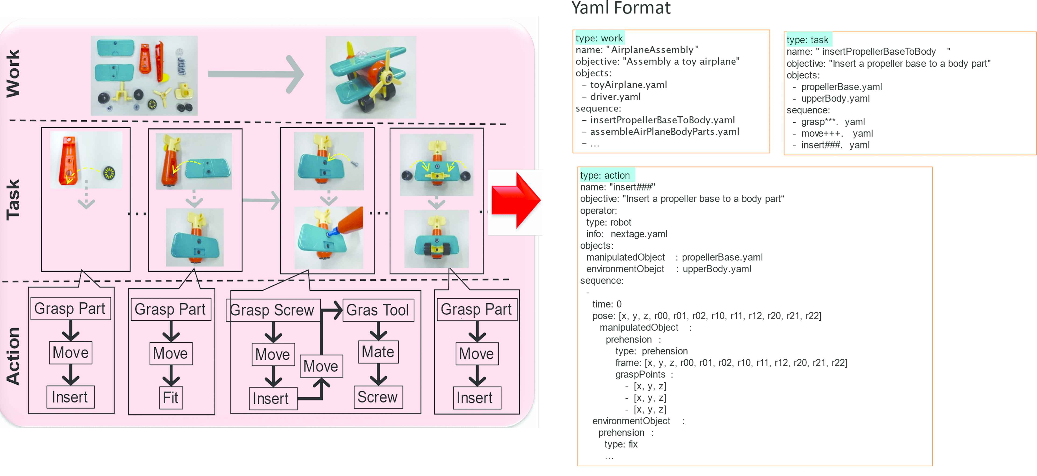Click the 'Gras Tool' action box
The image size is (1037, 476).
click(x=378, y=310)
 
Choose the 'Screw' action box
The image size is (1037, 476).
click(x=378, y=397)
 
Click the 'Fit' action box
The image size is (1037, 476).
click(x=171, y=398)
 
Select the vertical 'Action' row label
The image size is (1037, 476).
click(x=13, y=356)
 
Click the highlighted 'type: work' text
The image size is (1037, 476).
click(x=599, y=38)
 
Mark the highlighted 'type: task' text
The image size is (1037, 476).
click(x=808, y=40)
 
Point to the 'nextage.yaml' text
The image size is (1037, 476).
click(x=639, y=234)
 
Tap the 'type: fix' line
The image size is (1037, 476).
click(x=621, y=444)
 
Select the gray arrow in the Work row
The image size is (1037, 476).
click(x=255, y=74)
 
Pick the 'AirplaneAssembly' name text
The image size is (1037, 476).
click(x=652, y=50)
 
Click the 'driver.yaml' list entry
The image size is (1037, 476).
click(x=615, y=97)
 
